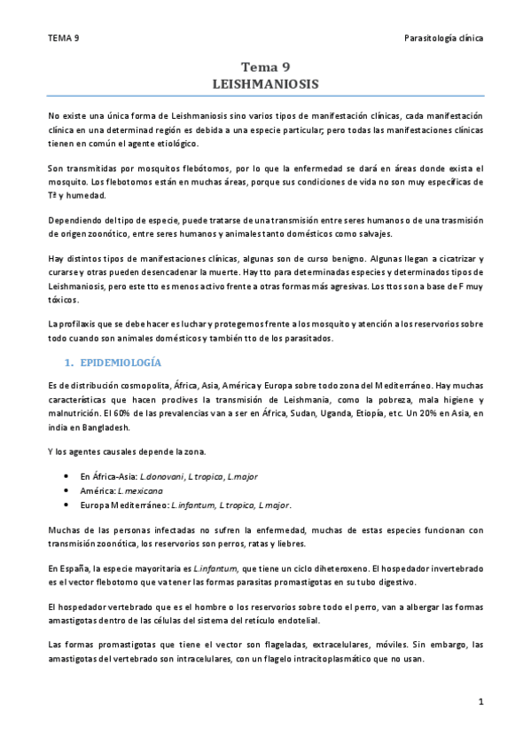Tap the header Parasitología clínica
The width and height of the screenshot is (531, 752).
pyautogui.click(x=442, y=38)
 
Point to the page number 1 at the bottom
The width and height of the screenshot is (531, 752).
pyautogui.click(x=480, y=701)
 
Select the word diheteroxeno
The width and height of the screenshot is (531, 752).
pyautogui.click(x=308, y=566)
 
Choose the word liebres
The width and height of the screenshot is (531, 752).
pyautogui.click(x=292, y=543)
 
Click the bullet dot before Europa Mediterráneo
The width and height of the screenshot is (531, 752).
pyautogui.click(x=66, y=504)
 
